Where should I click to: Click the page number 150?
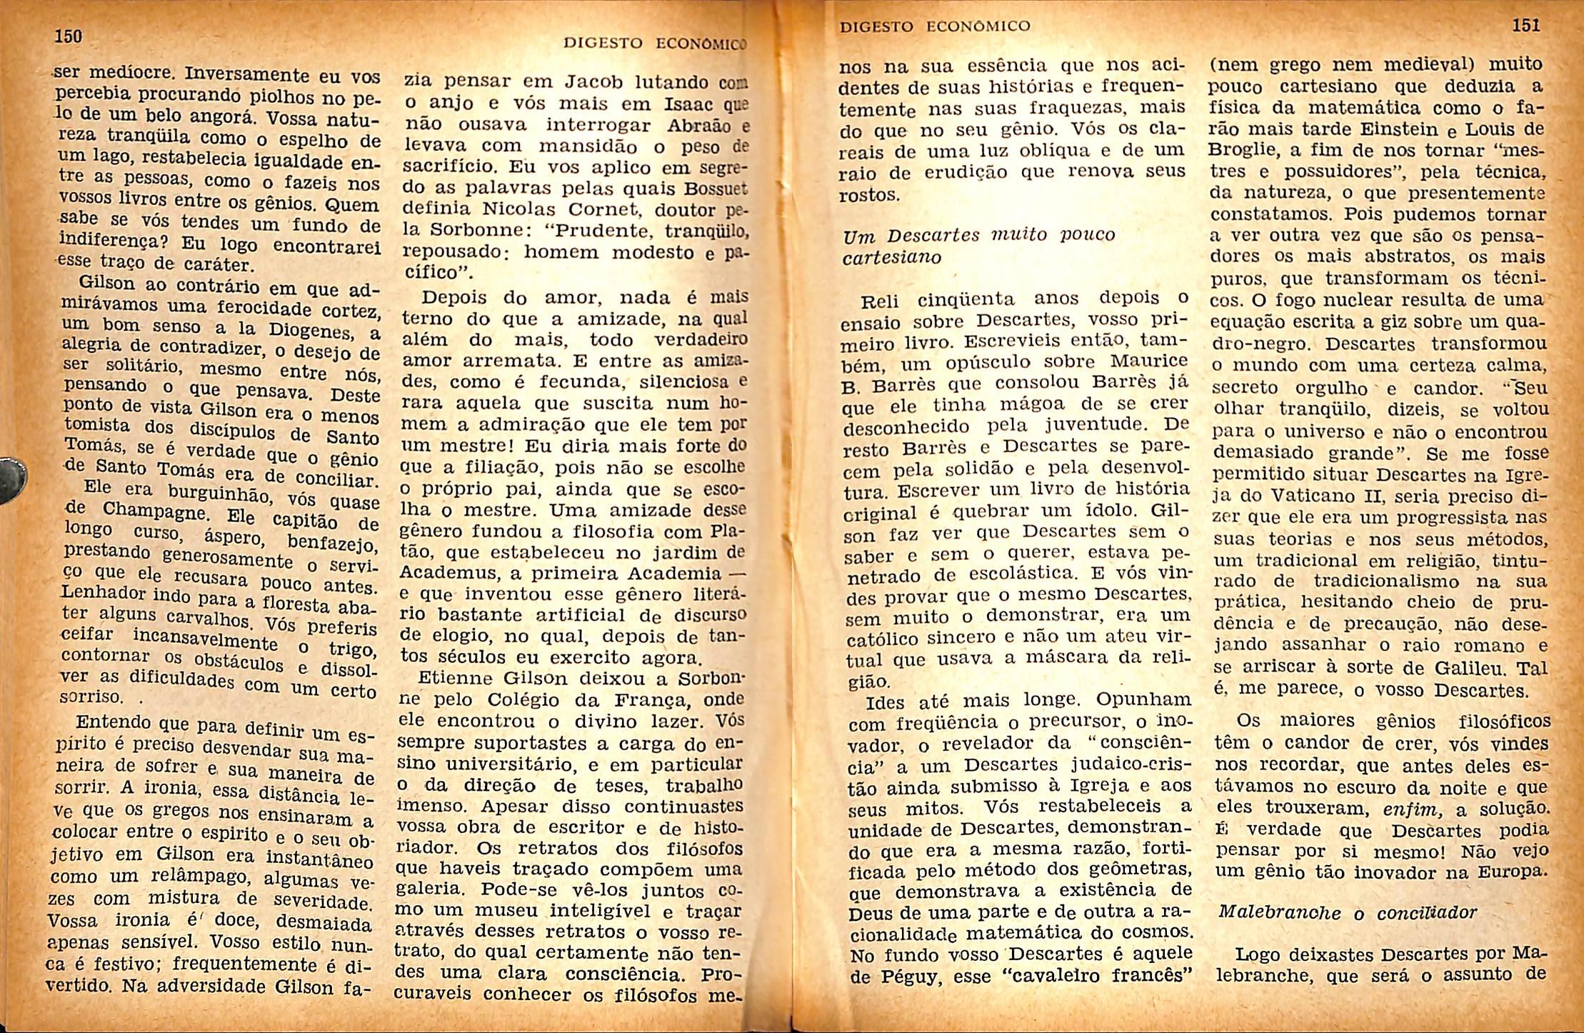(69, 36)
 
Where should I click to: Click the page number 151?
(1525, 26)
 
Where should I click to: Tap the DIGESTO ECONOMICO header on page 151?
(935, 27)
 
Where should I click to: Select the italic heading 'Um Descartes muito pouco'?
(978, 235)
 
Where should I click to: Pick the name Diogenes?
(311, 333)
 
